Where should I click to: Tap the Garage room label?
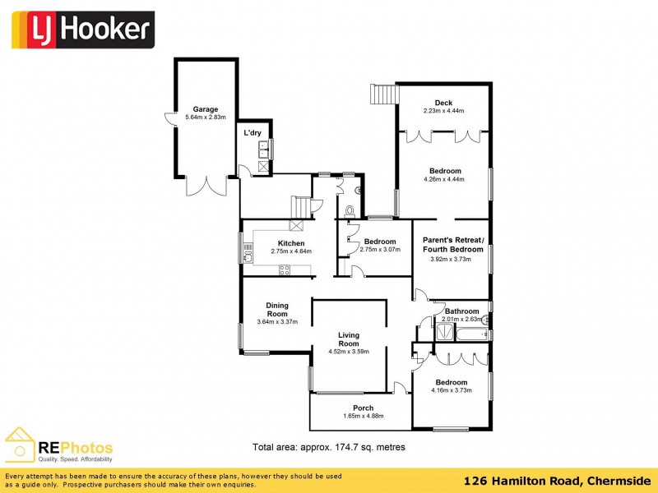206,109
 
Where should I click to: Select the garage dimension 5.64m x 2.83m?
206,117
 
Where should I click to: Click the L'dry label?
252,132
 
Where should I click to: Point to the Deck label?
444,103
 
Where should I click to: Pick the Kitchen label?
291,243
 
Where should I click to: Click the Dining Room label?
276,310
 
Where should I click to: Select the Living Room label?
349,339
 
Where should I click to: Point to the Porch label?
363,408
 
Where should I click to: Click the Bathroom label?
461,311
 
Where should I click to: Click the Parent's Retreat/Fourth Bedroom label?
455,244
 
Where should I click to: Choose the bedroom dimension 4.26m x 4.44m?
444,179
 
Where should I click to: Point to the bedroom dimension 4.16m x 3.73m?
452,390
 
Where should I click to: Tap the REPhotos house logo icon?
20,445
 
